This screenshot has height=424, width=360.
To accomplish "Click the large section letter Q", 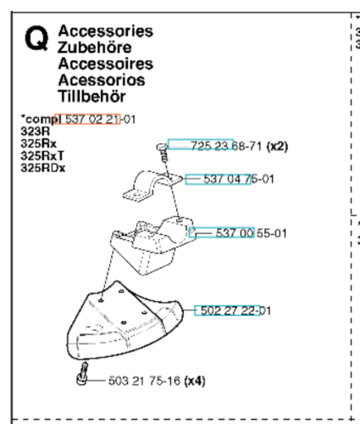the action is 36,38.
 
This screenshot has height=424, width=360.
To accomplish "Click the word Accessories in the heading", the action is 106,31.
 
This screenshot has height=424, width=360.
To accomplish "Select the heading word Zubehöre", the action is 95,47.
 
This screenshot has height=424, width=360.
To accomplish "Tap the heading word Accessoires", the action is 106,64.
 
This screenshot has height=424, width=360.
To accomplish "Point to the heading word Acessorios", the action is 102,80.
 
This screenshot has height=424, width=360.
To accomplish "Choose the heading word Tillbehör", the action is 91,97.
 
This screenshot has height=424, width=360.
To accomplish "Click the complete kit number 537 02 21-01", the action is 100,120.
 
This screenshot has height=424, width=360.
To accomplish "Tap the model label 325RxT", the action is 42,156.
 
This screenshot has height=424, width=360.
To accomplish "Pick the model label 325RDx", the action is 43,168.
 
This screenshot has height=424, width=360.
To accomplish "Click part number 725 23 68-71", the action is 226,146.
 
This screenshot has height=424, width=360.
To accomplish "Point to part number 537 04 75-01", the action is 239,179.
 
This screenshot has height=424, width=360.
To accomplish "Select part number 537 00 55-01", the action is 251,233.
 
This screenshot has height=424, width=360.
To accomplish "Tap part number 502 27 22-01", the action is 235,311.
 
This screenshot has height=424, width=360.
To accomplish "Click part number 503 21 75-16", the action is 144,381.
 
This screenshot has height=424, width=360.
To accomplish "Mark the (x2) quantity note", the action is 277,146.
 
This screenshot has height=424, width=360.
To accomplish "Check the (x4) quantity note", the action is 195,381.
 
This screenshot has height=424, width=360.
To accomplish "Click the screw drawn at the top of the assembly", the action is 163,153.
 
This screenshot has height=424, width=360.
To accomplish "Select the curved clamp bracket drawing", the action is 152,186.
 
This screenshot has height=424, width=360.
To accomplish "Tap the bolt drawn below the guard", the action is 82,373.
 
